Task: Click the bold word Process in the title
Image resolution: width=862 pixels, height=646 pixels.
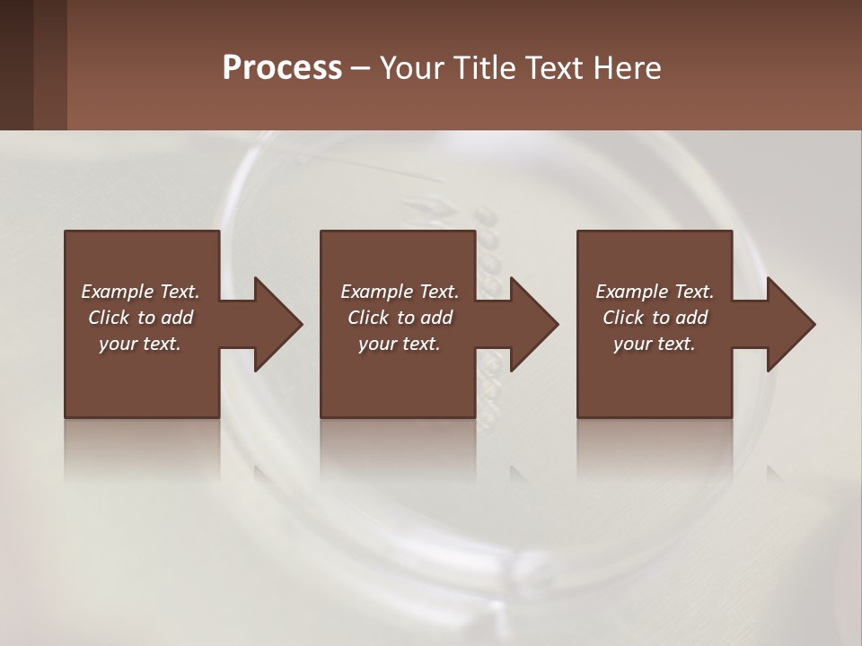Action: pyautogui.click(x=282, y=67)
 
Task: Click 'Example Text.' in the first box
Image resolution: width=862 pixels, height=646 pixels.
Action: pyautogui.click(x=140, y=292)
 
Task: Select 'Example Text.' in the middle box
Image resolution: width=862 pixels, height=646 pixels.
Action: pyautogui.click(x=400, y=292)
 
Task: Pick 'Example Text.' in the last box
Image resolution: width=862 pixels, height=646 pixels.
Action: pyautogui.click(x=655, y=292)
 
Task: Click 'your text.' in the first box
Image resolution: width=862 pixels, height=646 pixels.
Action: pyautogui.click(x=140, y=344)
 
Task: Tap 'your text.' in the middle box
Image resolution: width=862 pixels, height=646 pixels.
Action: pyautogui.click(x=400, y=344)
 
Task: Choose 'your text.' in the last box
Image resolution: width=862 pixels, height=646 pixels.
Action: pyautogui.click(x=655, y=344)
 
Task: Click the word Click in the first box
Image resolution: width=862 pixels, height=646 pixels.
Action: pyautogui.click(x=110, y=318)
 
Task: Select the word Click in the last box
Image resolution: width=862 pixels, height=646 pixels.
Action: pyautogui.click(x=624, y=318)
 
